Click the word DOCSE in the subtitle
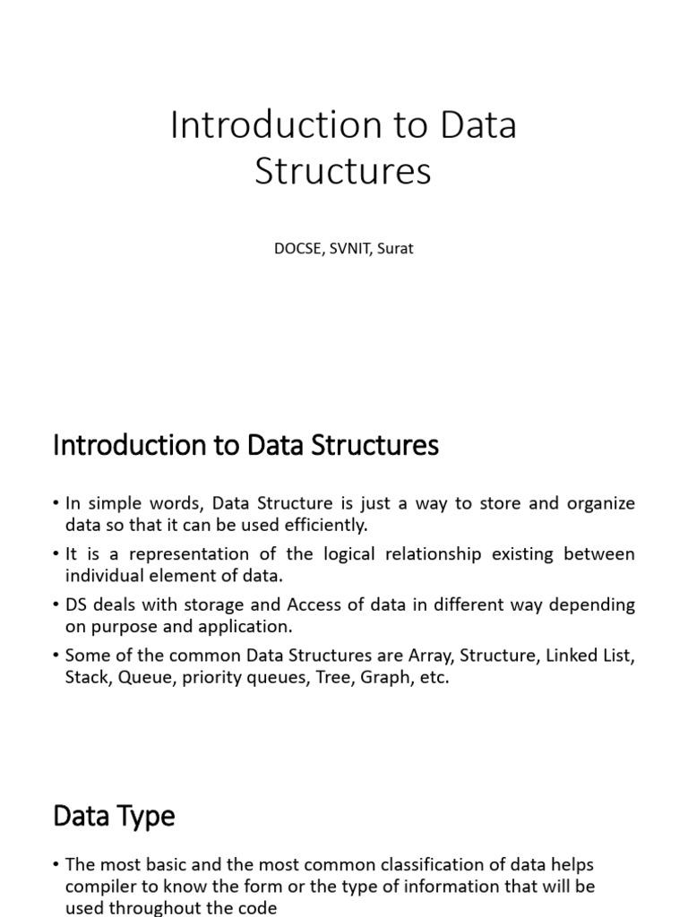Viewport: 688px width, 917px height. (297, 249)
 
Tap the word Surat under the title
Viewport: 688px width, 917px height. (394, 249)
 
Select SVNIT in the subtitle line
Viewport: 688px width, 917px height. (348, 249)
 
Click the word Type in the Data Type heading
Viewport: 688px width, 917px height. (145, 816)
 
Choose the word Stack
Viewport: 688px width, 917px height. (86, 677)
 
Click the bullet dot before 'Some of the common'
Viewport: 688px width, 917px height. (56, 656)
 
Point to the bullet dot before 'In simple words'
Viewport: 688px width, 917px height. (56, 504)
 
